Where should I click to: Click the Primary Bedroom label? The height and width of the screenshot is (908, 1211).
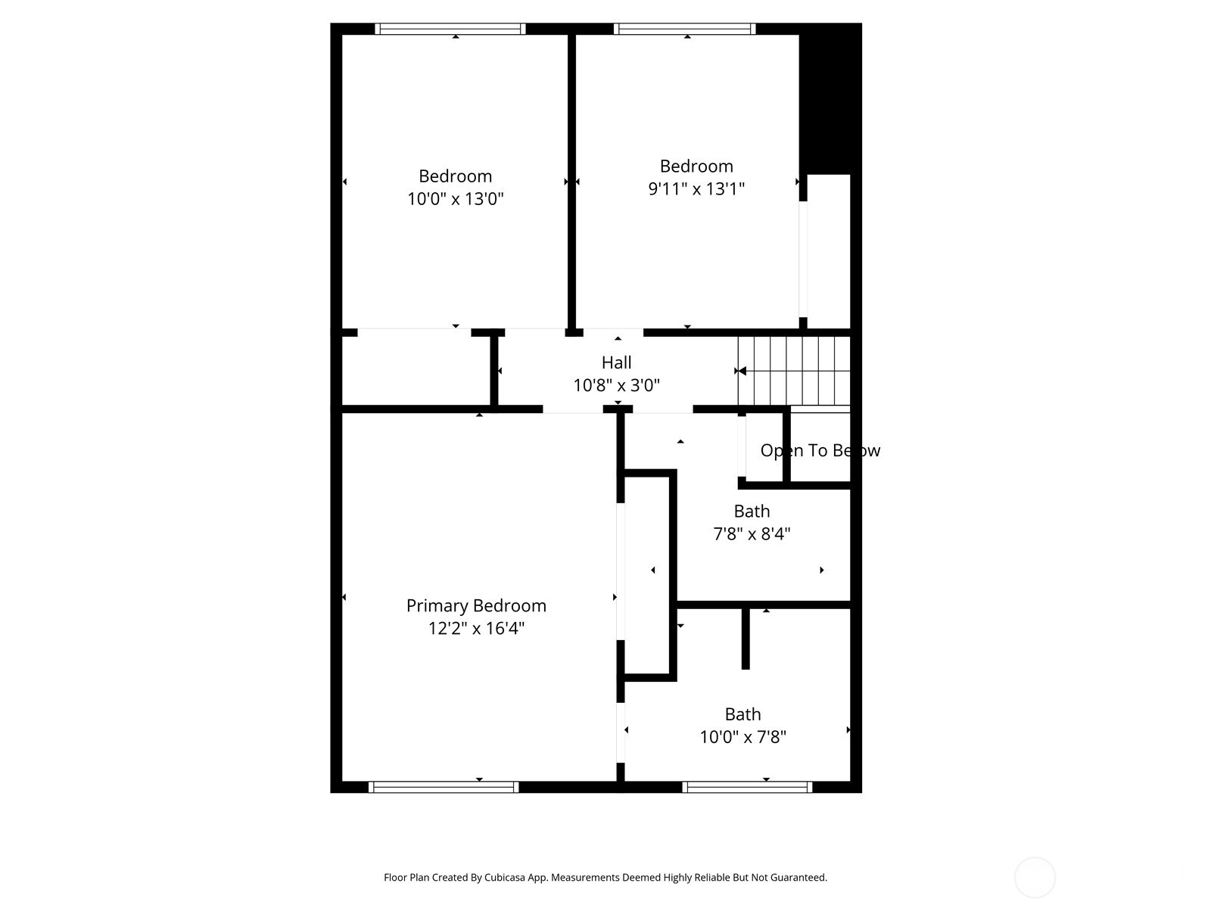click(476, 605)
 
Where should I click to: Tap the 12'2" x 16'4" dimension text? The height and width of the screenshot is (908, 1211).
click(476, 629)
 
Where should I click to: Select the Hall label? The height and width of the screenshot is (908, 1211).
click(616, 362)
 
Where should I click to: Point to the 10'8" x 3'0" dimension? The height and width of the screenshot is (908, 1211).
click(616, 386)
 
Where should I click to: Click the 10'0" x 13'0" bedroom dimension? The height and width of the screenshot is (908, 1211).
click(456, 199)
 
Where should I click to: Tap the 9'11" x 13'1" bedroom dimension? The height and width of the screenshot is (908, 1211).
click(696, 188)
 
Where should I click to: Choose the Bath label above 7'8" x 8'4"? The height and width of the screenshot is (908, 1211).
click(752, 511)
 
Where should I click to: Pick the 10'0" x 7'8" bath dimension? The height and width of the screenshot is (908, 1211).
click(742, 737)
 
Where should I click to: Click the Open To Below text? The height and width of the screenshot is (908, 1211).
click(820, 451)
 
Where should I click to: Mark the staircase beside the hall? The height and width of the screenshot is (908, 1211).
click(795, 371)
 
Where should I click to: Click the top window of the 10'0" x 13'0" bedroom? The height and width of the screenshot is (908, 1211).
click(450, 29)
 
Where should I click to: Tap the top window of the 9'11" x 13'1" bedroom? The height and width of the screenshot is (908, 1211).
click(685, 29)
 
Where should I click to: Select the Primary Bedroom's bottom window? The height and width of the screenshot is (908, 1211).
click(444, 787)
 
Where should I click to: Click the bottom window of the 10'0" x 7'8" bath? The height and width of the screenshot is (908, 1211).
click(747, 787)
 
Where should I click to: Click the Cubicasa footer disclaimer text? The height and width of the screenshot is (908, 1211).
click(605, 878)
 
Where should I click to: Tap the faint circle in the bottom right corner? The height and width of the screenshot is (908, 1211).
click(1035, 878)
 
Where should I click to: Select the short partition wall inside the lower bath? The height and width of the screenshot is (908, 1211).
click(746, 638)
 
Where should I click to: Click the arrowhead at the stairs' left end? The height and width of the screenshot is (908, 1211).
click(742, 371)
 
